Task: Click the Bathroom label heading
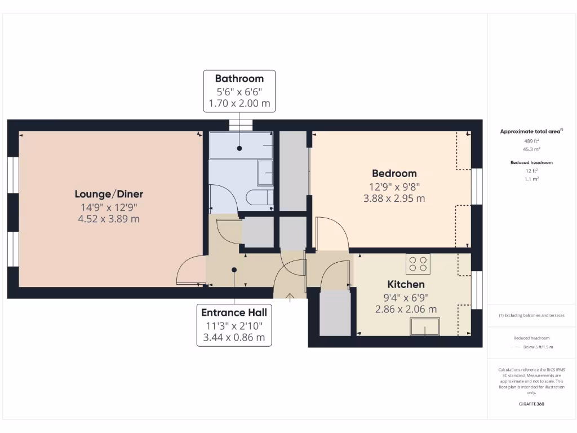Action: click(x=239, y=78)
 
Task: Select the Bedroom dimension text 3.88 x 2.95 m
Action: click(x=394, y=198)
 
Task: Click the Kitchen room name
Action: click(x=406, y=284)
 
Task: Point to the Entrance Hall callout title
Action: click(x=234, y=312)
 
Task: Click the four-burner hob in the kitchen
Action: click(x=418, y=264)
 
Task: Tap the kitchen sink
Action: click(x=425, y=326)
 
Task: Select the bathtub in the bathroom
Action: click(x=241, y=146)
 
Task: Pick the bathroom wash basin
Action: click(x=265, y=173)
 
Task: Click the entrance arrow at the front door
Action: click(x=290, y=298)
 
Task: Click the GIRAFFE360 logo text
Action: click(x=531, y=404)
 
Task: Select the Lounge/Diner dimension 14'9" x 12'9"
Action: click(x=109, y=207)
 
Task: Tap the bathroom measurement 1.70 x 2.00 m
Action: click(x=239, y=103)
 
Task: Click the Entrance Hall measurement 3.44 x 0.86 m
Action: click(x=234, y=338)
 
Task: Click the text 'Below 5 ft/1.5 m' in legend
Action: click(x=538, y=347)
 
